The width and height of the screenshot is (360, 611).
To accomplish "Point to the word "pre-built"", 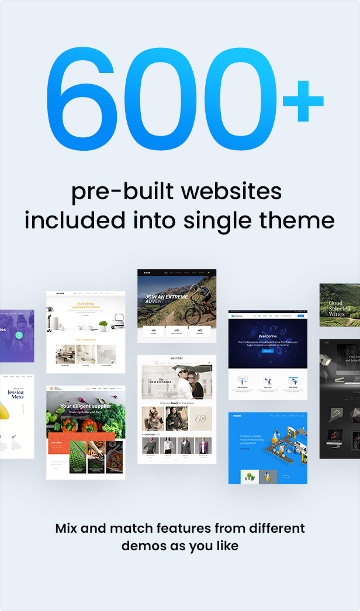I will pos(115,192).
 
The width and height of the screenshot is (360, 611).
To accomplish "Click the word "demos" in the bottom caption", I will pos(144,547).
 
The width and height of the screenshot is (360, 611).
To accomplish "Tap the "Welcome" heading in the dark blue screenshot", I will pos(268,336).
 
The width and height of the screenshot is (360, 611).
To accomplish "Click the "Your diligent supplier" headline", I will pos(85,406).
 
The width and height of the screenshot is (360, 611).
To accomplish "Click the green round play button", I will pos(19,335).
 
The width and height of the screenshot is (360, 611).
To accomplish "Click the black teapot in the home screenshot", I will pos(119,320).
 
